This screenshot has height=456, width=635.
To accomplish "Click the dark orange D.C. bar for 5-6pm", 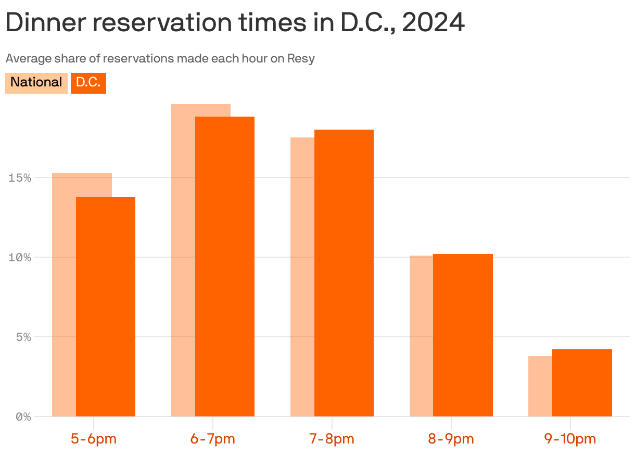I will tap(106, 307).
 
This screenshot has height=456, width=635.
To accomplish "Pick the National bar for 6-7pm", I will tap(183, 260).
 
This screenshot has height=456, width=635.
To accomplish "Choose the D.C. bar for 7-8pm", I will tap(344, 273).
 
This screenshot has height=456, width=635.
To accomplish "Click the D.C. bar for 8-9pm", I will tap(463, 335).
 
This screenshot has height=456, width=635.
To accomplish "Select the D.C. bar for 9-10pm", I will tap(582, 383).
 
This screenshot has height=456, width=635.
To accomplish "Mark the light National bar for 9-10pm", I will tap(540, 386).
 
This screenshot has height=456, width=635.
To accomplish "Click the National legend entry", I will tap(36, 82).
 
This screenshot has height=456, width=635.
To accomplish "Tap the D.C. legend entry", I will tap(88, 82).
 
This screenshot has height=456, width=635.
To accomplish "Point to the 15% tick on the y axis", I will tap(20, 178).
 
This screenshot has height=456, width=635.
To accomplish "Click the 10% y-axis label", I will tap(20, 258).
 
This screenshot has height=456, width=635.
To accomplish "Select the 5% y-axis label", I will tap(23, 337).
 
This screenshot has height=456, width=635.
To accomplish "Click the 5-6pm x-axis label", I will tap(94, 439).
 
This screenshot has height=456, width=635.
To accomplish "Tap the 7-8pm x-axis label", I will tap(332, 439).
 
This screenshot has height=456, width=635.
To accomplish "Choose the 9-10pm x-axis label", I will tap(570, 439).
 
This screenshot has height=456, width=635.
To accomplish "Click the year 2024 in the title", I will tap(433, 23).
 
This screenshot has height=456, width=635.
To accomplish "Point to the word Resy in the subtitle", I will tap(301, 58).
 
